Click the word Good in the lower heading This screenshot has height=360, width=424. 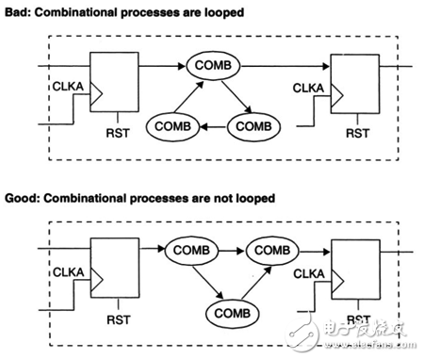(x=21, y=198)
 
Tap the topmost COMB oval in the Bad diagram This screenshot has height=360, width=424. (x=213, y=66)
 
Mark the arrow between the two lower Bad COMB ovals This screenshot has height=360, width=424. (x=213, y=124)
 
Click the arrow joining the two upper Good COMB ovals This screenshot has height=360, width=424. (x=233, y=251)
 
